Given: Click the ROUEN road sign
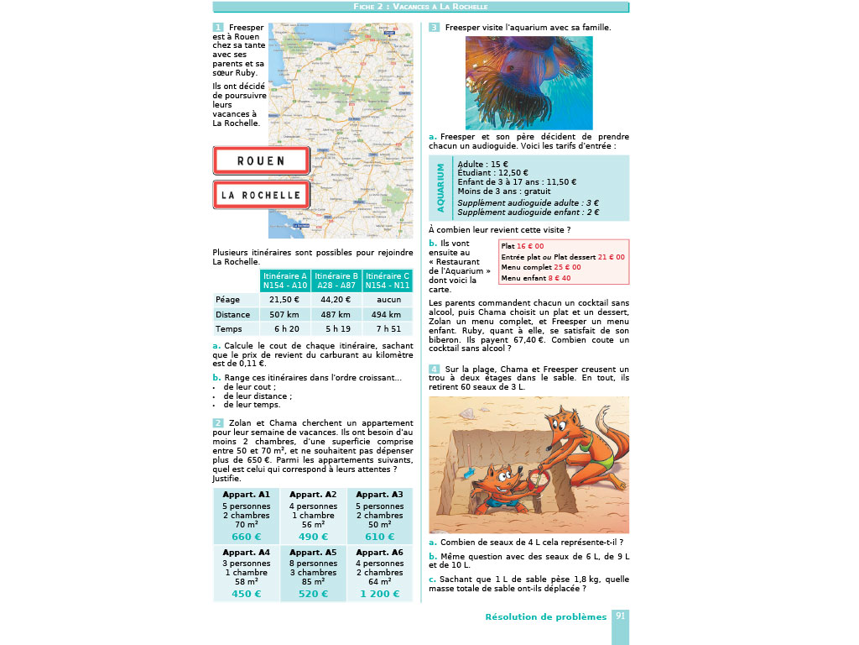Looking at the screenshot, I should click(x=261, y=160).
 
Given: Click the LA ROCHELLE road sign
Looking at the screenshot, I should click(x=261, y=195).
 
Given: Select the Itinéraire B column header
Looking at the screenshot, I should click(x=336, y=281).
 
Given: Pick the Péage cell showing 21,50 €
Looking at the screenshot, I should click(x=284, y=299).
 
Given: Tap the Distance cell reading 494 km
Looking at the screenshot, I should click(x=387, y=314).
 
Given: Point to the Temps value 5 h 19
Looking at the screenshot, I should click(x=336, y=329).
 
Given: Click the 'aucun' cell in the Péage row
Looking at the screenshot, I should click(x=387, y=299).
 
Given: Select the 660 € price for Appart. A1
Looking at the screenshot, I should click(x=246, y=537).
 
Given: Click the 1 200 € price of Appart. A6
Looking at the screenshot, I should click(x=380, y=594).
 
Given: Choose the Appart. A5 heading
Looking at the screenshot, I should click(x=313, y=553).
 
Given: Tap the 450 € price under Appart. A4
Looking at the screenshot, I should click(x=246, y=594).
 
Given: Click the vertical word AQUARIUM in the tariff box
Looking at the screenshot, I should click(x=440, y=188).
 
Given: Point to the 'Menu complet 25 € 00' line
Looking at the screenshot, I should click(x=540, y=267).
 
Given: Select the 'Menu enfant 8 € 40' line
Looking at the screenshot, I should click(x=535, y=277).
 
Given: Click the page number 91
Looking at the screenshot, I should click(x=621, y=616).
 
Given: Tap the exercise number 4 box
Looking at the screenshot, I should click(x=434, y=369).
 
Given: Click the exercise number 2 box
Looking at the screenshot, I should click(x=218, y=422).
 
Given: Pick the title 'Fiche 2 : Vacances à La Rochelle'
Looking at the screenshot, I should click(x=420, y=7).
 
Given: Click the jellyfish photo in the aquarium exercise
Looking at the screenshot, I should click(x=528, y=82).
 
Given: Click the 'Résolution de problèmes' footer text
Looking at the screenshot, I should click(x=545, y=617).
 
